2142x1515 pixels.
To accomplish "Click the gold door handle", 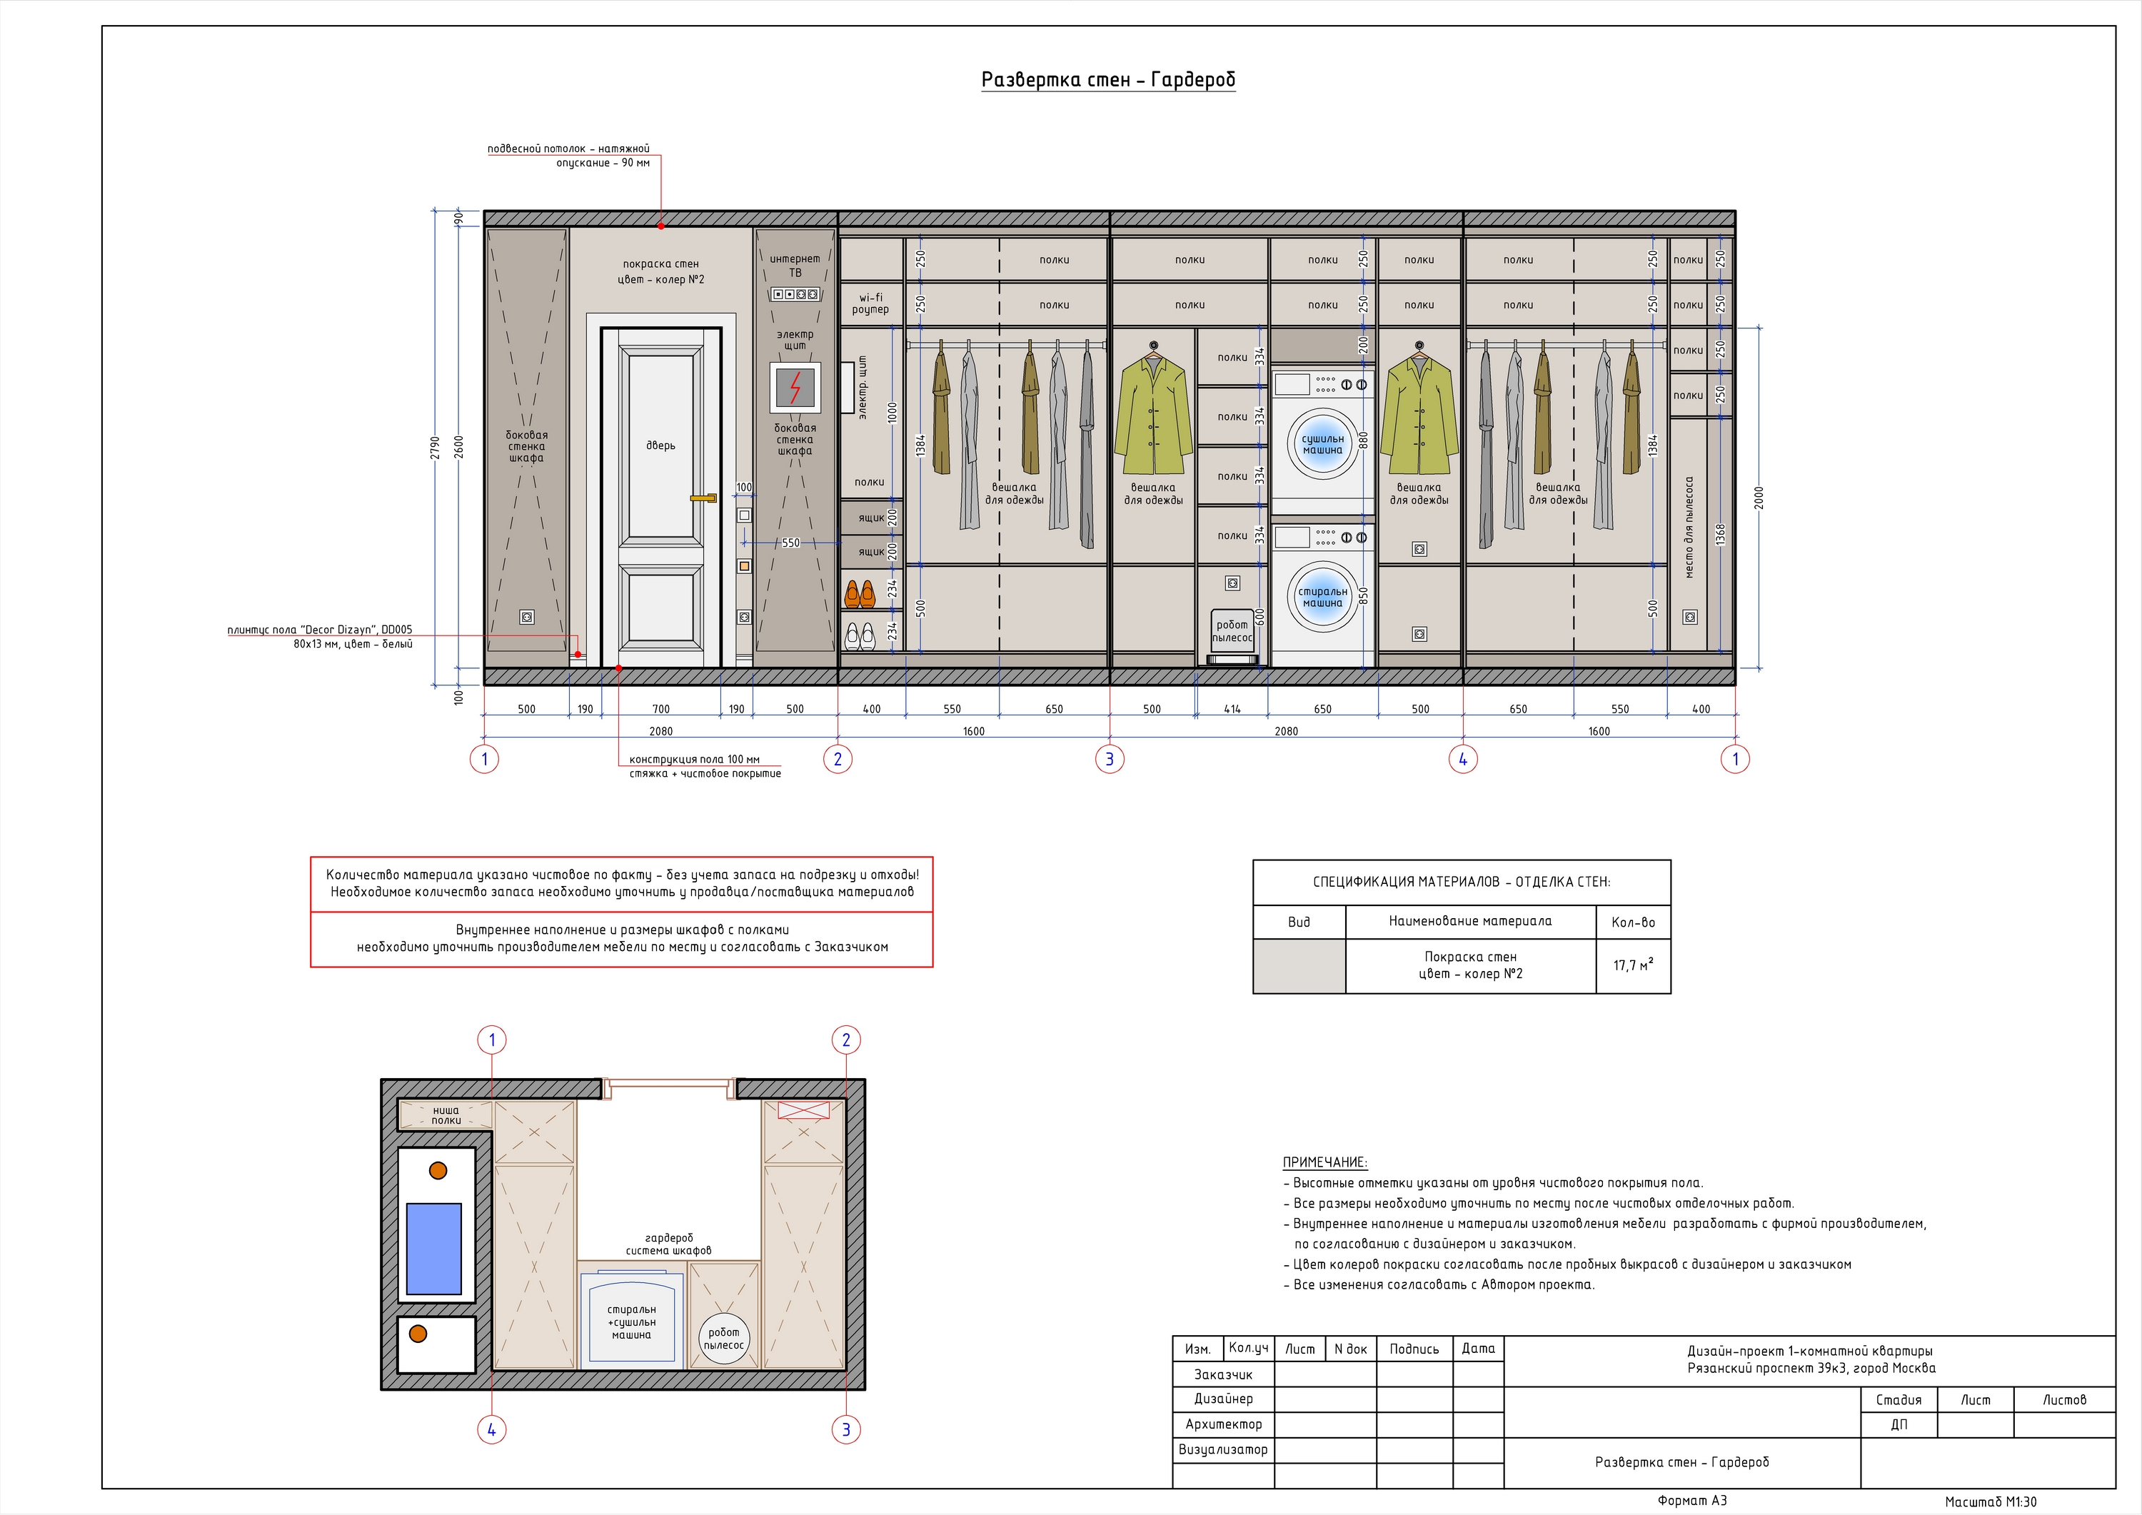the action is [x=703, y=498].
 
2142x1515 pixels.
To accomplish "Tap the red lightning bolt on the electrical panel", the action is [x=795, y=387].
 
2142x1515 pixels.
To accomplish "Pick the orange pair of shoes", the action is [x=859, y=593].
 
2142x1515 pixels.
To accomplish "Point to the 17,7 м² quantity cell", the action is [x=1633, y=965].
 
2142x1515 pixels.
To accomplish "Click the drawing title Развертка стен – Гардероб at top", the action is [x=1108, y=80].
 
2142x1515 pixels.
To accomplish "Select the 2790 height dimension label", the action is [x=435, y=448].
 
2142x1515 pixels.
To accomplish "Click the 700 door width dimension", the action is [x=660, y=709].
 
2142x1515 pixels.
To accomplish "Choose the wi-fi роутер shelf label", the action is [x=870, y=304].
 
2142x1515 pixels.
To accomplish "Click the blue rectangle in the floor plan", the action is [x=434, y=1248].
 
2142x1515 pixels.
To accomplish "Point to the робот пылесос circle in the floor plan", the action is [x=724, y=1338].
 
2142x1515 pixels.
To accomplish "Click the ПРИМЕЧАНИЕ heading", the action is [x=1324, y=1162].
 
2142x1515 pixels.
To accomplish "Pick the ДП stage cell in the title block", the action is [x=1899, y=1424].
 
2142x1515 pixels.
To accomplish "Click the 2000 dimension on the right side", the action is [x=1759, y=497].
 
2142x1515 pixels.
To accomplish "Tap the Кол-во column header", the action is [x=1633, y=922].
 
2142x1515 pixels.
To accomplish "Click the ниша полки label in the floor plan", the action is [x=446, y=1114].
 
